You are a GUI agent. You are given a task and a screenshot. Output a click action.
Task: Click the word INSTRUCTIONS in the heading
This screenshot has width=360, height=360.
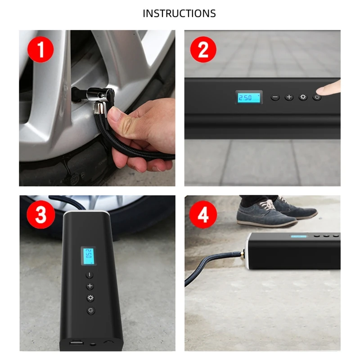coord(179,13)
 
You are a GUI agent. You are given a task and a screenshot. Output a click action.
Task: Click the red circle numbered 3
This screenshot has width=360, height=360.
coord(41,215)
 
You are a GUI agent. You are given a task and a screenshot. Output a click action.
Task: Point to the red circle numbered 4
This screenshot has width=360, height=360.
coord(203,215)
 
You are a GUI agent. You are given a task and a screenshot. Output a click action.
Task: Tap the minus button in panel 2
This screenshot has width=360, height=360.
coord(275,97)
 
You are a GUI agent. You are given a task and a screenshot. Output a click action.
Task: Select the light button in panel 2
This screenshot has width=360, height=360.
coord(303,97)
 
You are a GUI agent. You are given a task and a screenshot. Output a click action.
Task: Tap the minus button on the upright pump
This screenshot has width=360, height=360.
coord(90,275)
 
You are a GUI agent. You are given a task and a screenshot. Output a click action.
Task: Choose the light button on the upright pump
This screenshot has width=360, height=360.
coord(90,298)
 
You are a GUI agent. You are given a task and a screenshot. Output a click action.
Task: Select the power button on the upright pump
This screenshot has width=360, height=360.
coord(90,310)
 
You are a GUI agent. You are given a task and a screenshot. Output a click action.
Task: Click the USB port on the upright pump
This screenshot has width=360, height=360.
coord(74,344)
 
